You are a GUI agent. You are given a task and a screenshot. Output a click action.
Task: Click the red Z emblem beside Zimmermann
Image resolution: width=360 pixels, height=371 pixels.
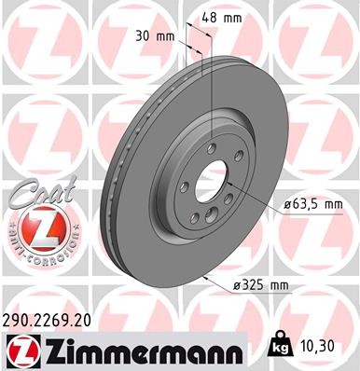[x=20, y=350]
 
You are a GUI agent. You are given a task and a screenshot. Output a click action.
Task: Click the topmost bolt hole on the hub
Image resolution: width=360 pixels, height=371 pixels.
[x=214, y=144]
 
